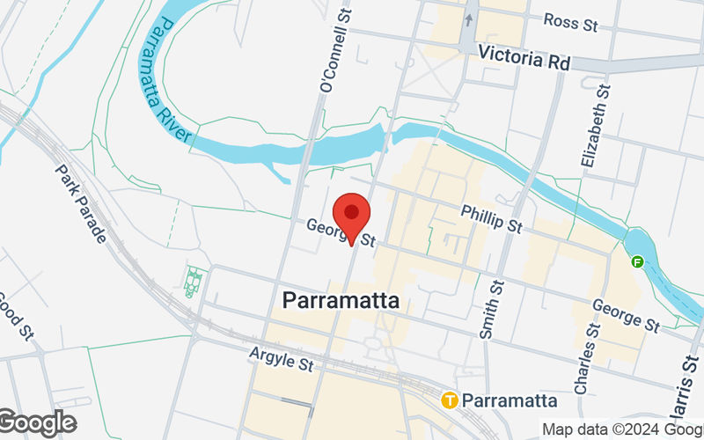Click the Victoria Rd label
click(524, 58)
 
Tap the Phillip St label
click(492, 219)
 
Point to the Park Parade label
click(81, 203)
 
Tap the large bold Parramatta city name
click(341, 300)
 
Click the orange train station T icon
click(450, 400)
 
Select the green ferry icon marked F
click(637, 261)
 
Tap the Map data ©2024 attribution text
click(621, 429)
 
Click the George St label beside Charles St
click(626, 314)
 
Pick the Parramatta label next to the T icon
click(510, 400)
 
